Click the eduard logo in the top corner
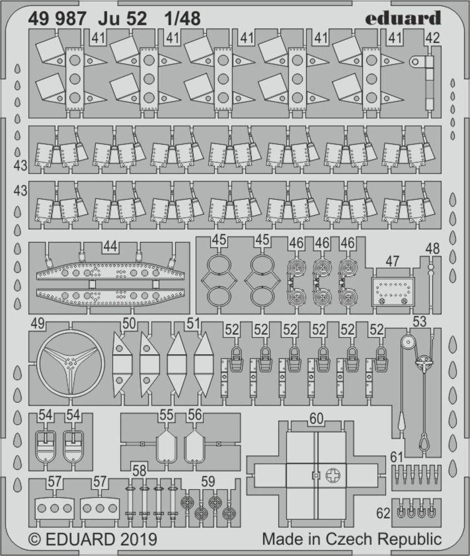coord(403,18)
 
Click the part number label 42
coord(432,38)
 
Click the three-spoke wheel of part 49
coord(70,364)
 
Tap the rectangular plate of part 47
coord(394,290)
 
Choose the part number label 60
coord(316,420)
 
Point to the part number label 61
coord(396,457)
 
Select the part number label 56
coord(194,415)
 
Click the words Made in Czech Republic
coord(352,539)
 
